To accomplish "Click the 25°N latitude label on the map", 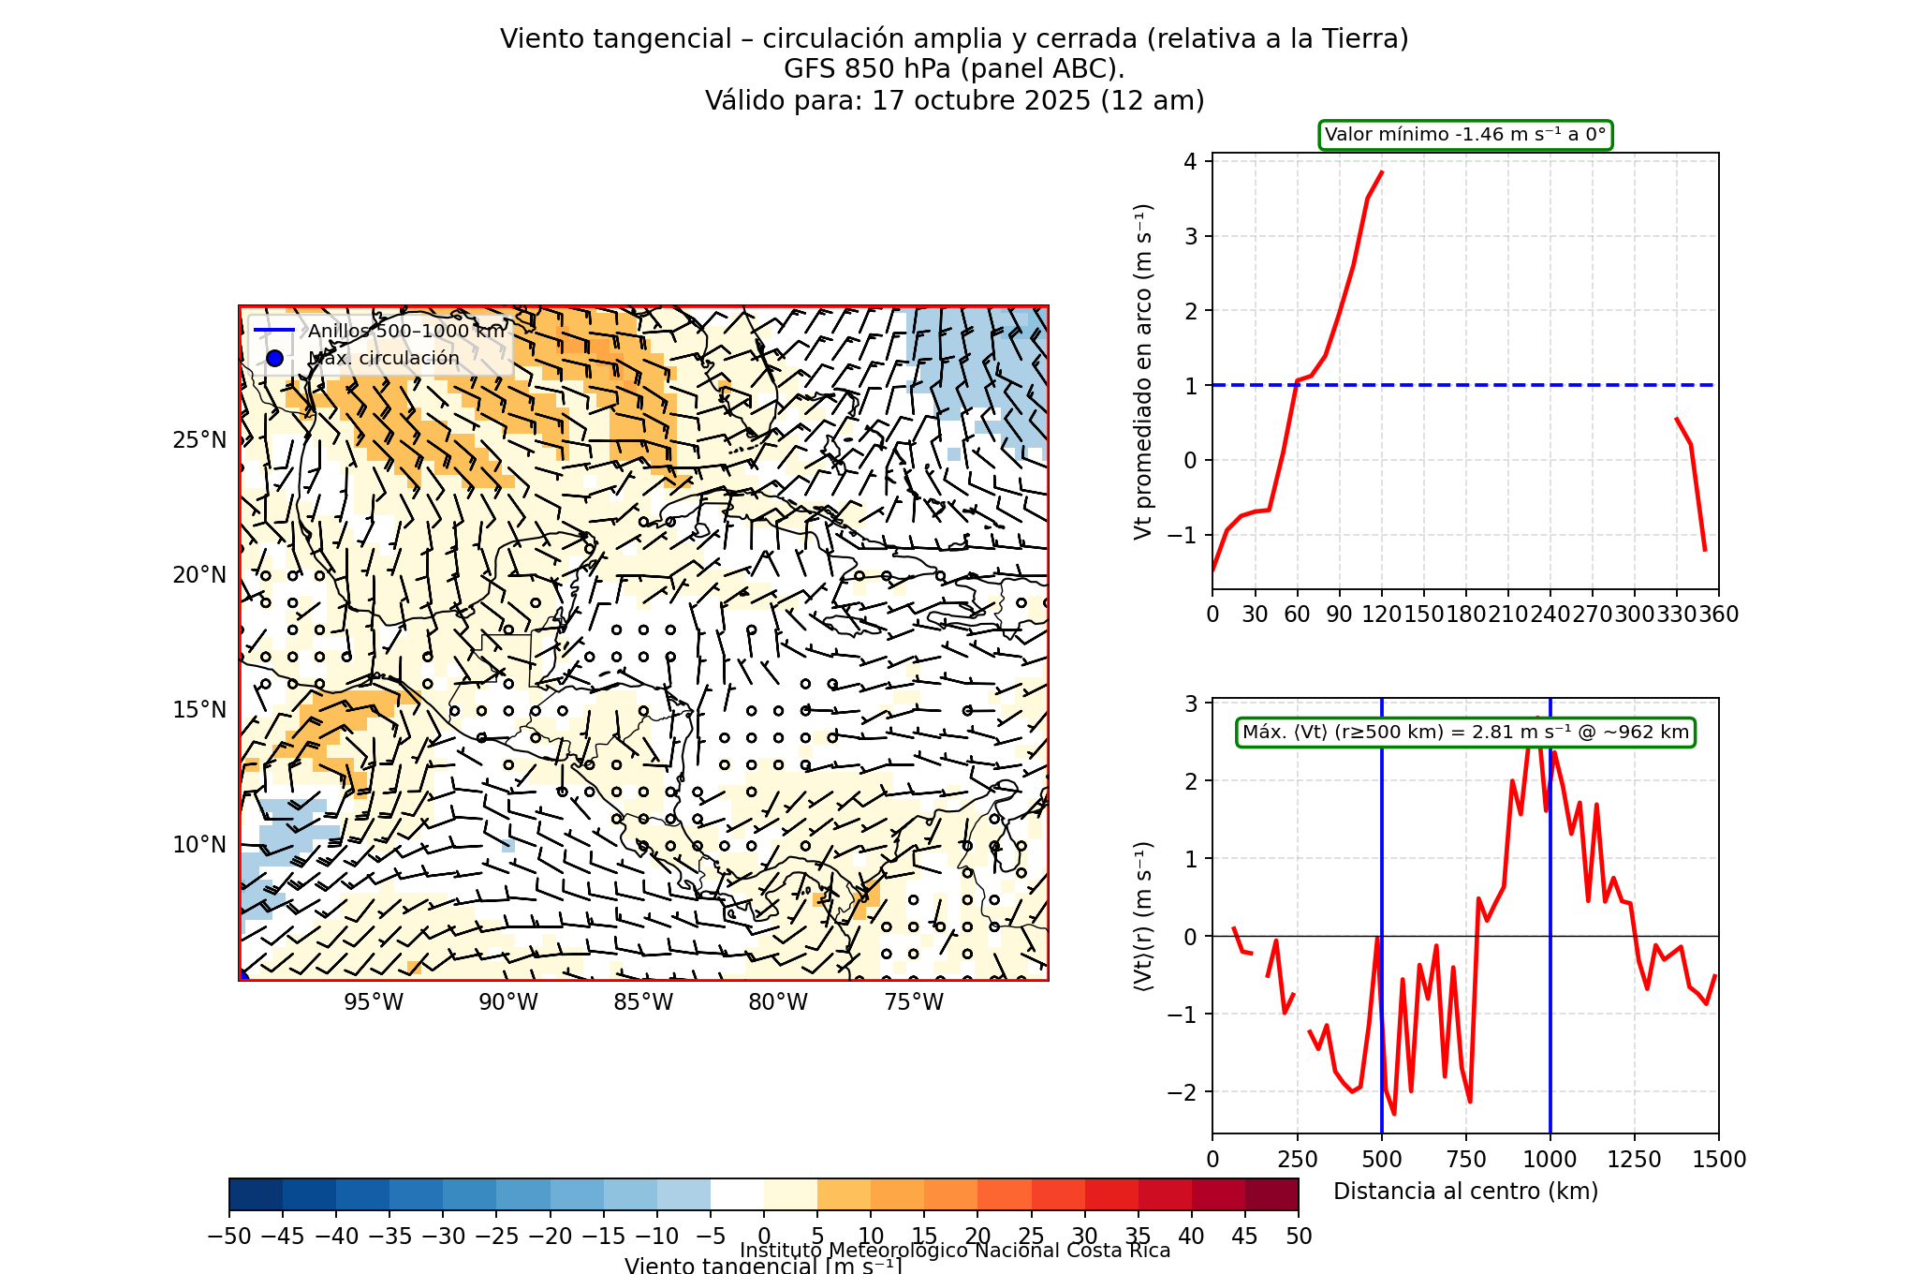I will tap(199, 440).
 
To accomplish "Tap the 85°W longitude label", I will tap(643, 1002).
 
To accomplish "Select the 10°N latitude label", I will tap(199, 845).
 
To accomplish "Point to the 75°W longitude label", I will tap(914, 1002).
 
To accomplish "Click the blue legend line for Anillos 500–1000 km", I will tap(274, 331).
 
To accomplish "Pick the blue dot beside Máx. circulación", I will tap(274, 358).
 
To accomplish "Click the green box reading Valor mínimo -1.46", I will tap(1465, 135).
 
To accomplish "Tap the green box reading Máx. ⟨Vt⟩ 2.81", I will tap(1465, 733).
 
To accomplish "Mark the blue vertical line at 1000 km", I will tap(1550, 1030).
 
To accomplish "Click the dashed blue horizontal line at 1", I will tap(1498, 385).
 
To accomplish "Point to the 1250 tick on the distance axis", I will tap(1635, 1160).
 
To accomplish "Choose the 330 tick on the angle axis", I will tap(1677, 615).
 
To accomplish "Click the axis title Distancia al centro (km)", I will tap(1465, 1192).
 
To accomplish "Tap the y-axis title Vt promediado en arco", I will tap(1142, 371).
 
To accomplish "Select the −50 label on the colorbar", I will tap(229, 1237).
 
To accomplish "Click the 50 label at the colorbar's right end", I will tap(1299, 1237).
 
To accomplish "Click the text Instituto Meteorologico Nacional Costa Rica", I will tap(955, 1251).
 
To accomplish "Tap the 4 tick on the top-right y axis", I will tap(1191, 161).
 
